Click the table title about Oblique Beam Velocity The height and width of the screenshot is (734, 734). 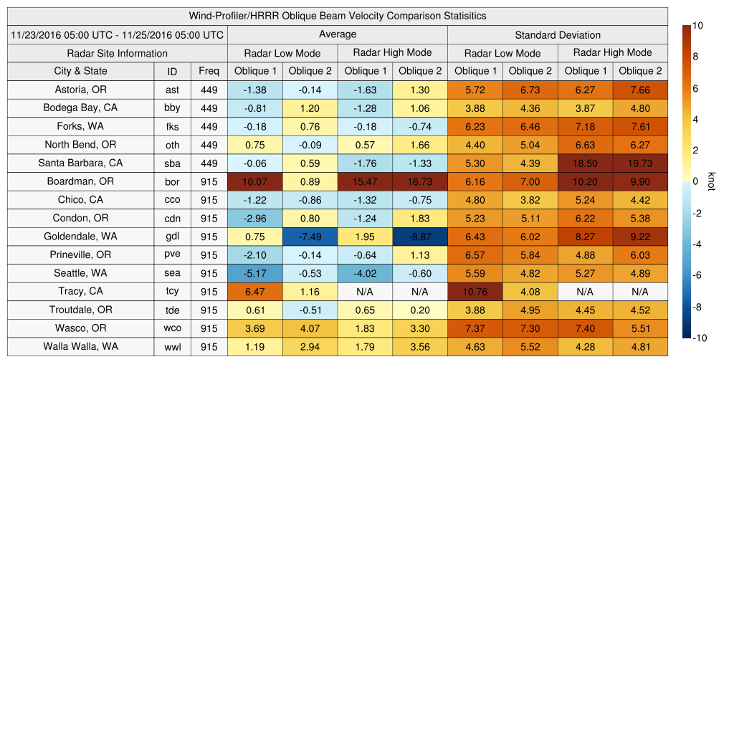(338, 16)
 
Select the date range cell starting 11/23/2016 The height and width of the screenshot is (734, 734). (118, 34)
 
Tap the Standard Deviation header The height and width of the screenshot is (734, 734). (558, 34)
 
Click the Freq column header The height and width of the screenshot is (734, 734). (209, 71)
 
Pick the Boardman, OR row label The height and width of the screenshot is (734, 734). (80, 181)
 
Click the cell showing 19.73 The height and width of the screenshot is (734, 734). (640, 163)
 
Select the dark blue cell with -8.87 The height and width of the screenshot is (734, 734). (420, 237)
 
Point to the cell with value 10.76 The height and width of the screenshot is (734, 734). (475, 292)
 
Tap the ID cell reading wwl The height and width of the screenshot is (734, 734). (172, 347)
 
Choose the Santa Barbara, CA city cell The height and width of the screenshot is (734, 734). (80, 163)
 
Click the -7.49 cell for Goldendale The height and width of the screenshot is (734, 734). (310, 237)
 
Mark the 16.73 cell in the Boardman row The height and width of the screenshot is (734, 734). (420, 181)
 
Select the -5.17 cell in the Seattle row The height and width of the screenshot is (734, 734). (255, 273)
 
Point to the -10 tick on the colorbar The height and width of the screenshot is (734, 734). (698, 338)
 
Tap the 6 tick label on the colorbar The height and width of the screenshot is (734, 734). (695, 88)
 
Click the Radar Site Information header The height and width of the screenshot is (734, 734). (118, 53)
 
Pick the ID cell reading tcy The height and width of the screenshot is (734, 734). (172, 292)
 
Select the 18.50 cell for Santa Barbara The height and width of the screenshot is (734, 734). (585, 163)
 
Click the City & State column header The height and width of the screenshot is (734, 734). (80, 71)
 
